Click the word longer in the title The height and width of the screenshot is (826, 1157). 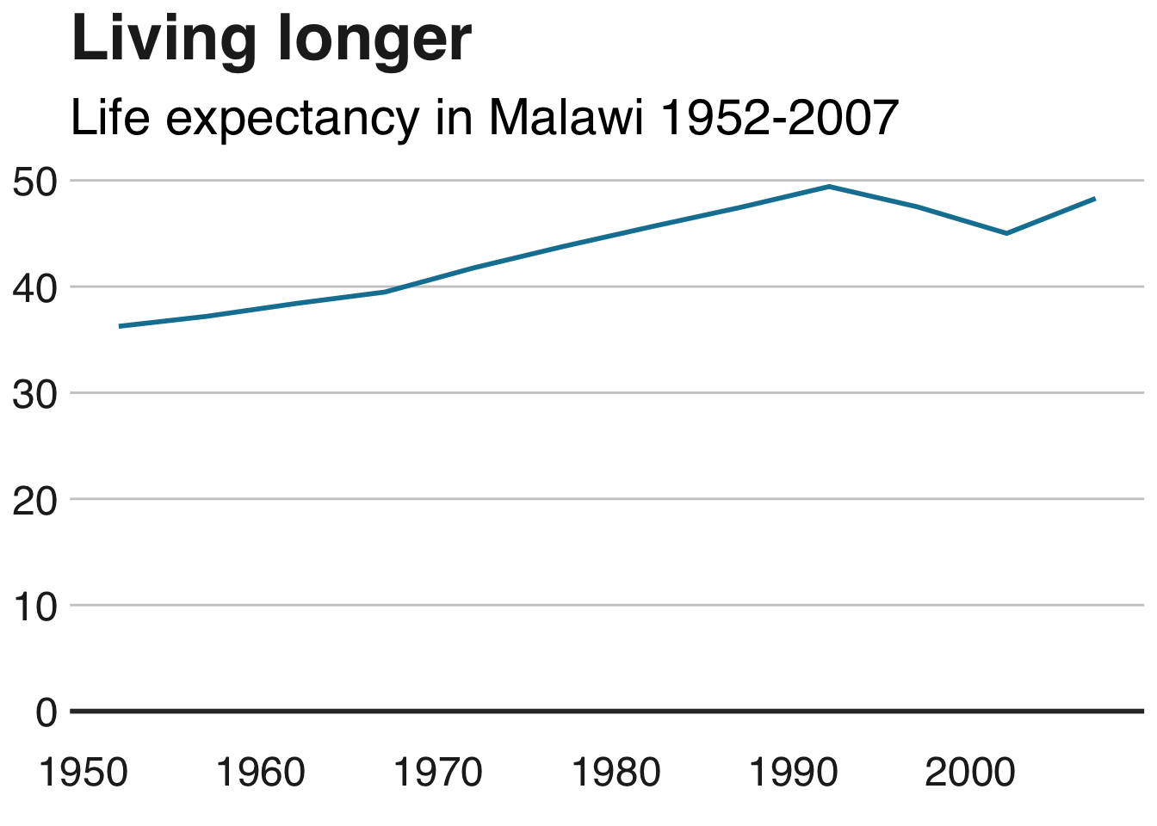click(x=374, y=40)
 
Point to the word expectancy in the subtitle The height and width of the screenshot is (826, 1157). click(x=292, y=119)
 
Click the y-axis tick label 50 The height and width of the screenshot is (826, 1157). click(x=35, y=182)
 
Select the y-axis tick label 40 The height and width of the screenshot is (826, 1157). click(x=35, y=287)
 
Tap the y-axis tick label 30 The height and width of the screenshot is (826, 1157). click(x=35, y=394)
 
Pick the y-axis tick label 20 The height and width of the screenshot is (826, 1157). click(x=35, y=500)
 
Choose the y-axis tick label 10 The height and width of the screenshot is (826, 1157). click(x=35, y=607)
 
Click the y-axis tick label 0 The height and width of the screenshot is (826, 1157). click(x=46, y=712)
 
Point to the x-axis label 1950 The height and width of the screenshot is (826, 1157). click(x=84, y=773)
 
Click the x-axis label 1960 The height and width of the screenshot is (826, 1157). click(x=260, y=773)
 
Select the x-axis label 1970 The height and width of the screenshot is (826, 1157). click(x=437, y=773)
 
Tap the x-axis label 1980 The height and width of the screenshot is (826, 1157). click(x=616, y=773)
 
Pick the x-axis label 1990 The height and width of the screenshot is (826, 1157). click(x=793, y=773)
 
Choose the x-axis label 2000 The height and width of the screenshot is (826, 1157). click(x=970, y=773)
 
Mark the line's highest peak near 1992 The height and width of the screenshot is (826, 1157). click(x=828, y=187)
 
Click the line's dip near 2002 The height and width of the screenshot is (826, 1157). click(x=1006, y=233)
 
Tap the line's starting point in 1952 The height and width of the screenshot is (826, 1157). click(x=120, y=326)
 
